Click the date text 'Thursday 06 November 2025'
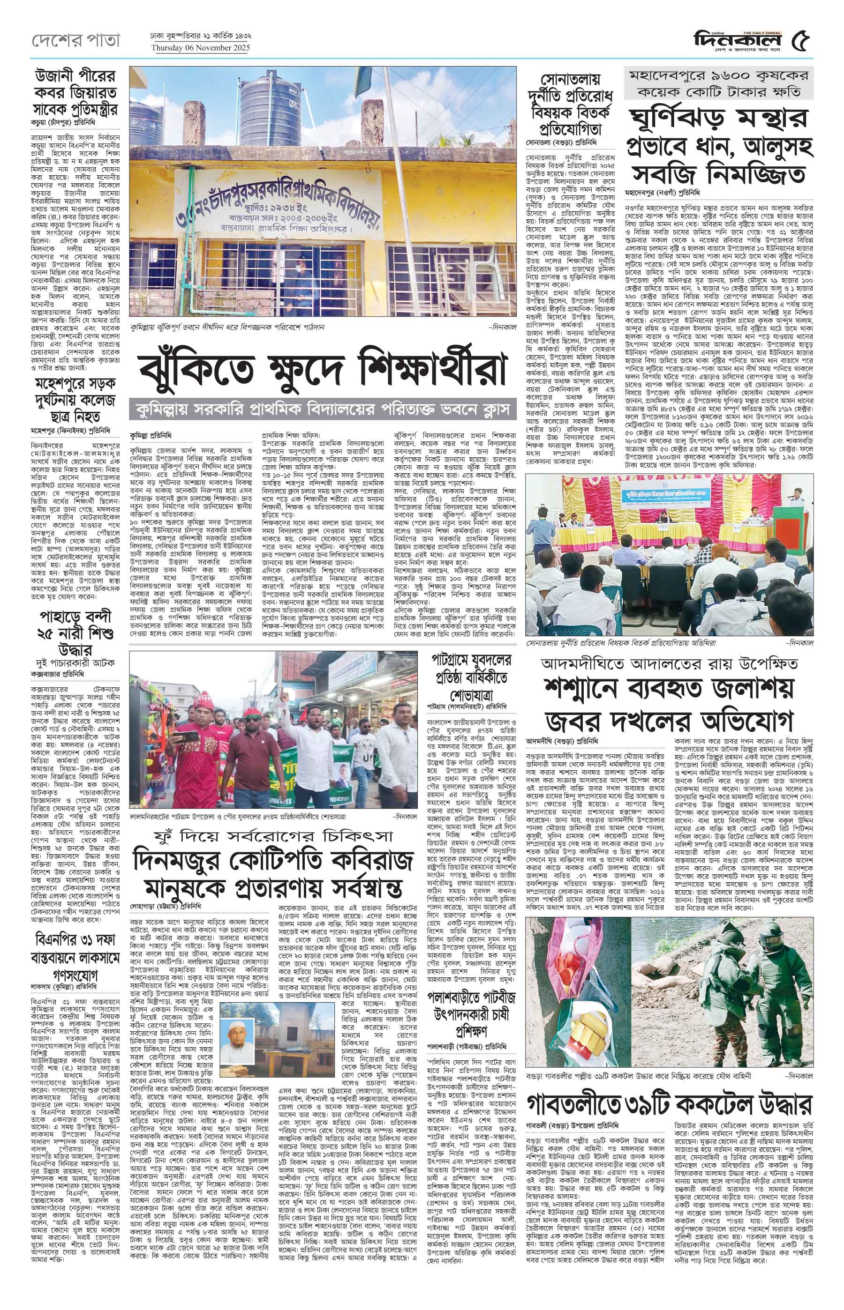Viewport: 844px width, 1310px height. tap(201, 48)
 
